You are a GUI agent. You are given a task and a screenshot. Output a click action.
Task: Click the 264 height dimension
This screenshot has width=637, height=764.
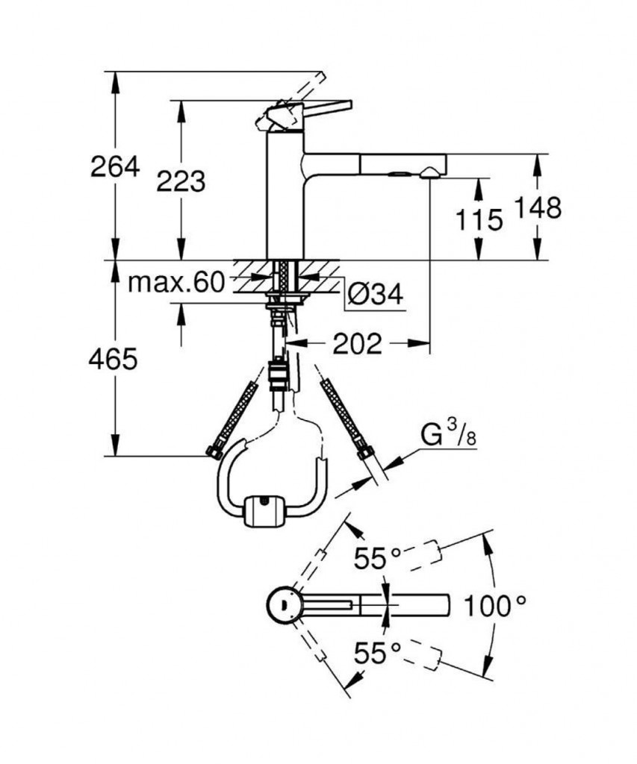(x=115, y=166)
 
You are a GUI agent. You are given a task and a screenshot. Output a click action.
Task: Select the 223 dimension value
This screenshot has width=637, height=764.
(x=180, y=181)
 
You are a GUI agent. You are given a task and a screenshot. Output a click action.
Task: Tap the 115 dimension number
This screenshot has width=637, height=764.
(x=477, y=219)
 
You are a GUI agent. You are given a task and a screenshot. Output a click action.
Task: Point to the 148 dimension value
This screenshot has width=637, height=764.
(x=536, y=208)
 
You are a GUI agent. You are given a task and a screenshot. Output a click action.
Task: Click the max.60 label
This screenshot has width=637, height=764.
(x=176, y=282)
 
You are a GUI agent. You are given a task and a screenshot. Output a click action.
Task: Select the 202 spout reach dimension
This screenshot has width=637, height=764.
(x=357, y=343)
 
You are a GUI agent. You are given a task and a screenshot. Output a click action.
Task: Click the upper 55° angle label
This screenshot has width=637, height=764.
(x=378, y=557)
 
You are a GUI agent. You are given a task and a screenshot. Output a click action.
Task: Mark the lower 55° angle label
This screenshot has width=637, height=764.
(x=378, y=654)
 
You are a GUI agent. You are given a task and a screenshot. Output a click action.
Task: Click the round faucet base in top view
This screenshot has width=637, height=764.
(x=284, y=604)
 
